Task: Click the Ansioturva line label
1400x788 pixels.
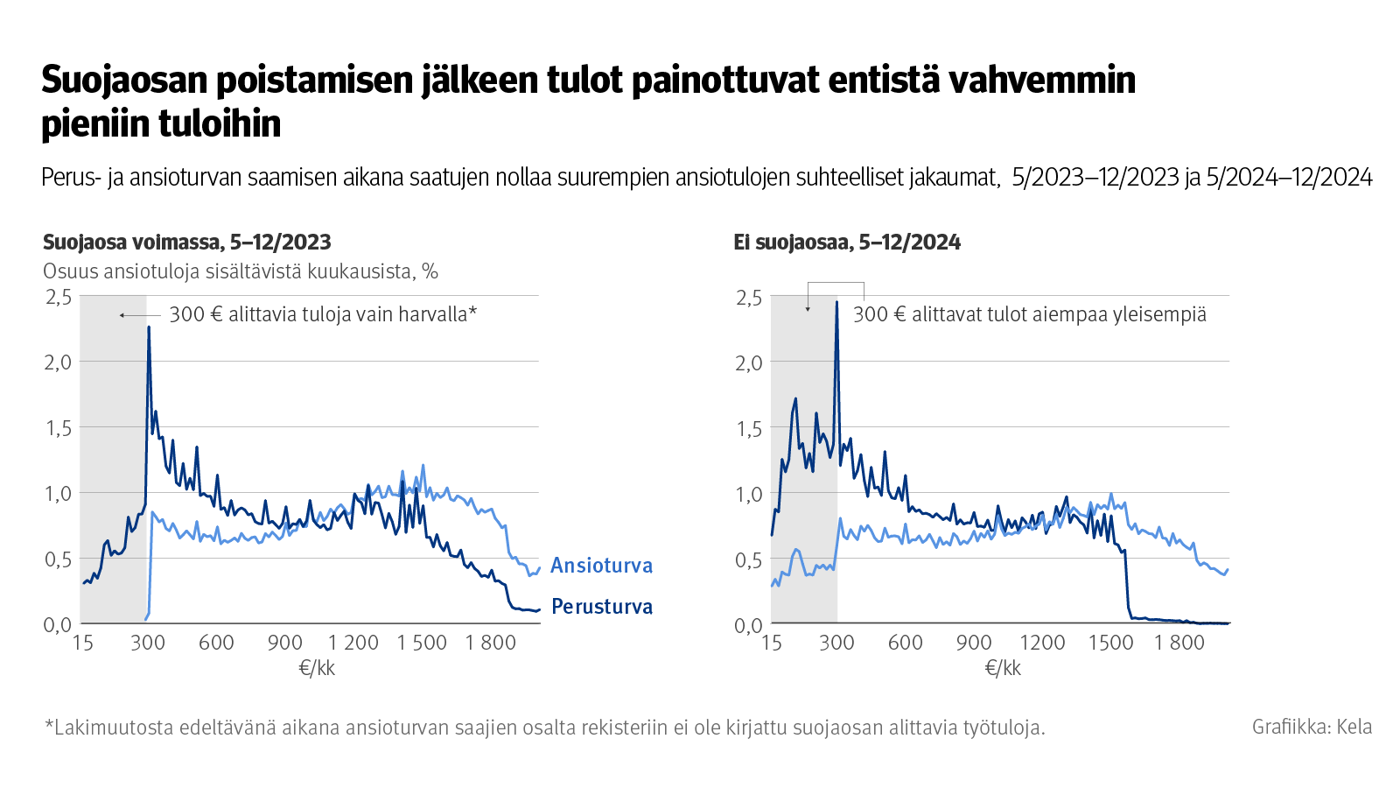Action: pos(601,566)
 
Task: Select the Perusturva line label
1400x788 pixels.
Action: pos(601,607)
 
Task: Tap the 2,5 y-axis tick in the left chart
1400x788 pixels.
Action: pos(58,297)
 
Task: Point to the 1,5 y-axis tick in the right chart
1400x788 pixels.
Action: pos(748,428)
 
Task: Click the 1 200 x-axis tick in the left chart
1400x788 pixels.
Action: pos(353,643)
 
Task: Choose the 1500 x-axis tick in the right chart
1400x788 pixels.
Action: pos(1110,643)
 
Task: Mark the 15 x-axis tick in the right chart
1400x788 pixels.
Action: pos(771,643)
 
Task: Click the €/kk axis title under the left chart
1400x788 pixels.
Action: pos(317,668)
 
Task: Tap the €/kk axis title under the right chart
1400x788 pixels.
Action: pos(1003,668)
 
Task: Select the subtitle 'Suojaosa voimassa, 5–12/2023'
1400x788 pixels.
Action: pos(187,243)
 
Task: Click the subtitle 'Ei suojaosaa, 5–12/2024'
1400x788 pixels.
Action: pos(846,243)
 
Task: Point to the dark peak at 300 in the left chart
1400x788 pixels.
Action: pos(148,328)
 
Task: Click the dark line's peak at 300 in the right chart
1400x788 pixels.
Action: pos(836,303)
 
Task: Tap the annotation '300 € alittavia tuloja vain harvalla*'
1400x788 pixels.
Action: pos(322,314)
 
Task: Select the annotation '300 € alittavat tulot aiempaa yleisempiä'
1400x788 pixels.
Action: pos(1029,314)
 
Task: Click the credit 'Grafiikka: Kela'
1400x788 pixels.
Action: pos(1312,727)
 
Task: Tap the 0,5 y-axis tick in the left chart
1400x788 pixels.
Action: pos(58,559)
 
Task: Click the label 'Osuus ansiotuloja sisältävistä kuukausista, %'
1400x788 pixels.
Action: pos(241,271)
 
